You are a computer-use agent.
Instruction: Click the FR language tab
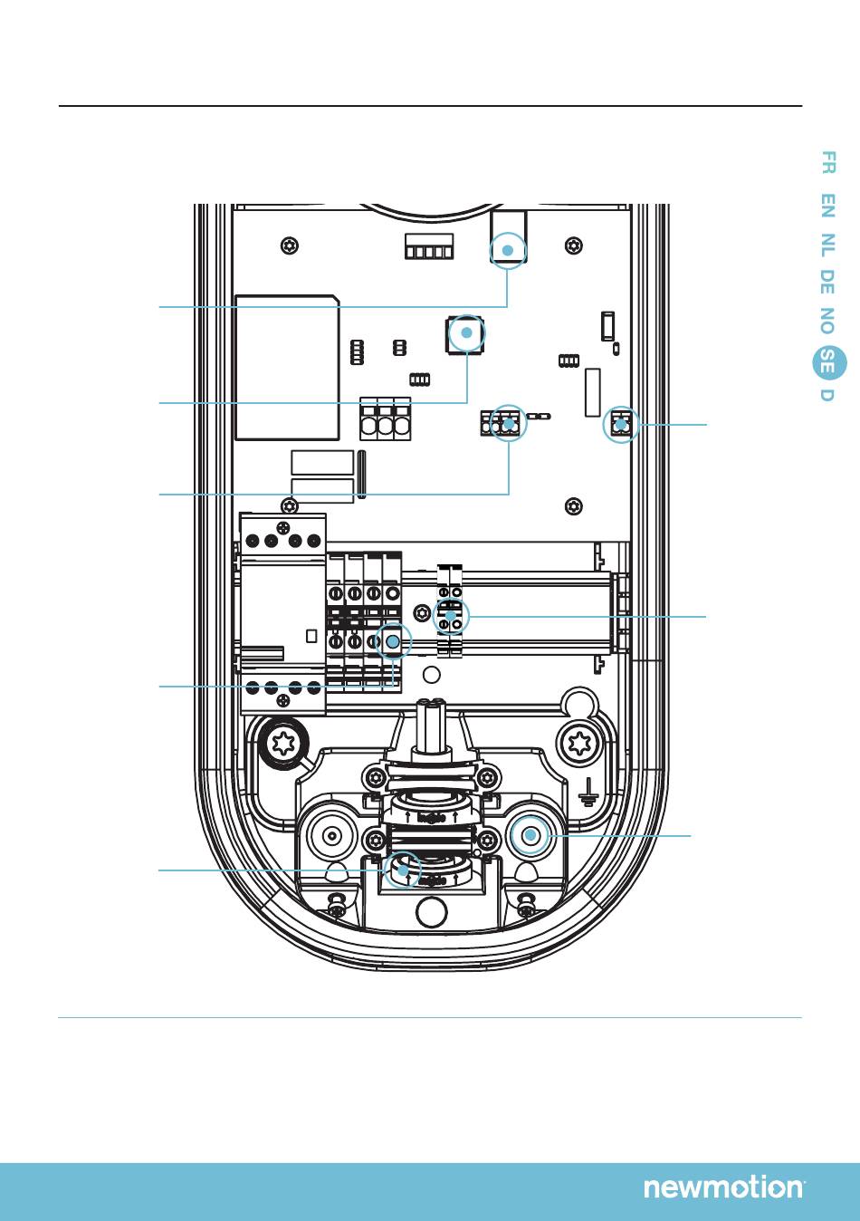[x=827, y=163]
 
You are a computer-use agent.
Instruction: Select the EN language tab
[x=827, y=206]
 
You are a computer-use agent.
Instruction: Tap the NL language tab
[x=827, y=244]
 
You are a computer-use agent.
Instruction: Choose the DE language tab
[x=827, y=282]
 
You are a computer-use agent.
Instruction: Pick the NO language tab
[x=827, y=321]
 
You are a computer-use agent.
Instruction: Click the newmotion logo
[x=723, y=1187]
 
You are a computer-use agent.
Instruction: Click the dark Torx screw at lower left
[x=282, y=744]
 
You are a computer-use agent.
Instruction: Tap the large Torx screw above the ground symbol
[x=578, y=745]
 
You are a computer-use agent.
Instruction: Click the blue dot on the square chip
[x=466, y=333]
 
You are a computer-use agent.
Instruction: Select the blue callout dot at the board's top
[x=508, y=250]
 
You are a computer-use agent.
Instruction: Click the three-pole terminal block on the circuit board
[x=386, y=419]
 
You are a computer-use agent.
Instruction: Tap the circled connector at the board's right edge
[x=621, y=424]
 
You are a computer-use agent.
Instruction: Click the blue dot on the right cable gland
[x=530, y=835]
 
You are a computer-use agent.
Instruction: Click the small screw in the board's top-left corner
[x=289, y=245]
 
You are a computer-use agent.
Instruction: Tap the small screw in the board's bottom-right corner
[x=572, y=505]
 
